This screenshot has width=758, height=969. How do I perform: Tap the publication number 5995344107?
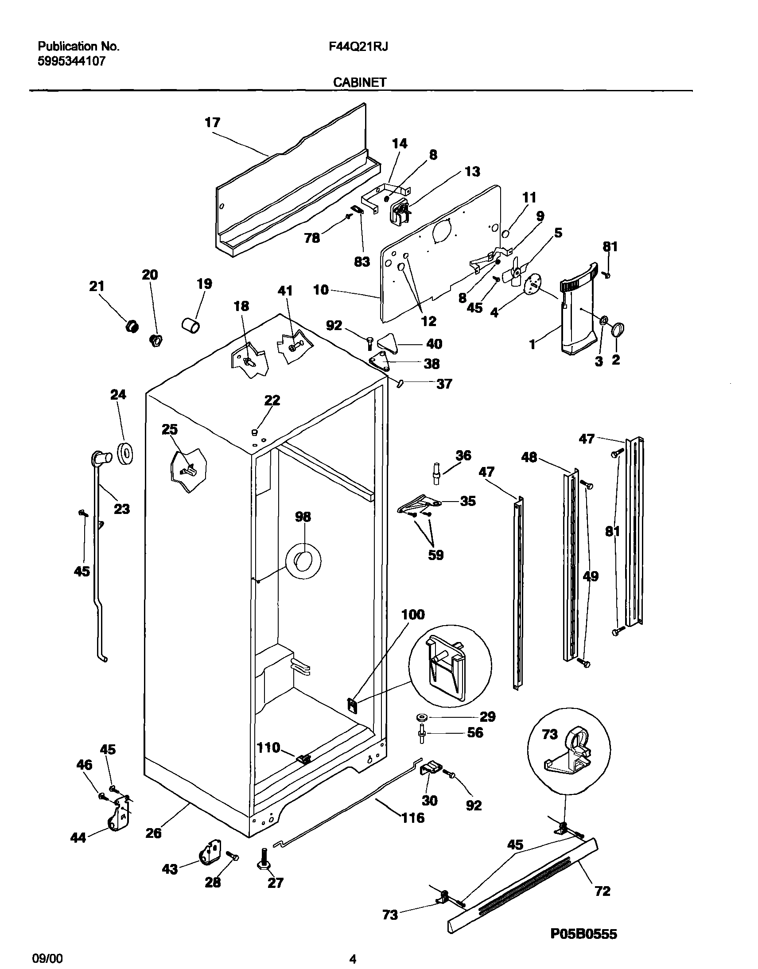pyautogui.click(x=71, y=61)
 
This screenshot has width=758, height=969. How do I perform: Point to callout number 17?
pyautogui.click(x=212, y=123)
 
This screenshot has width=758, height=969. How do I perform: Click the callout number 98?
pyautogui.click(x=303, y=517)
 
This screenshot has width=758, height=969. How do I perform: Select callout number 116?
pyautogui.click(x=413, y=817)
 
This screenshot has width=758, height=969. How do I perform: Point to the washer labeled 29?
pyautogui.click(x=420, y=717)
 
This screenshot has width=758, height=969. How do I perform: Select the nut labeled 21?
pyautogui.click(x=132, y=327)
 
